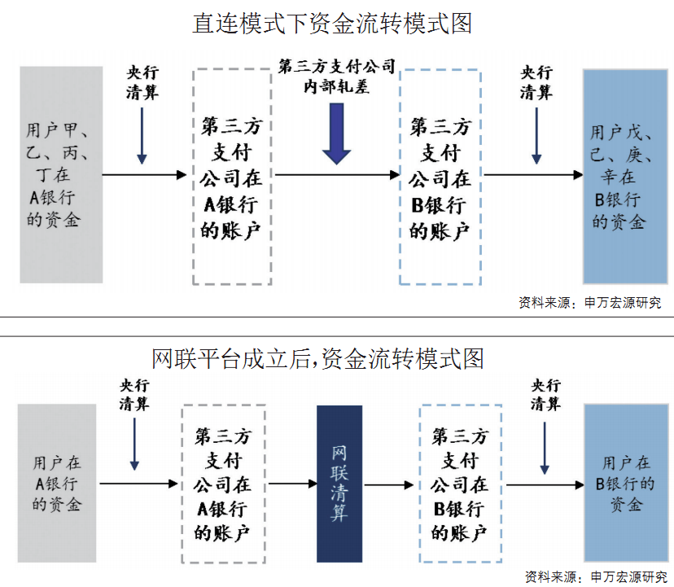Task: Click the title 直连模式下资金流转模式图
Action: click(332, 23)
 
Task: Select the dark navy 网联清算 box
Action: click(339, 483)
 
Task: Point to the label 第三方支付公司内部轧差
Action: click(336, 75)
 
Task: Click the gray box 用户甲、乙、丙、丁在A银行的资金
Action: click(62, 175)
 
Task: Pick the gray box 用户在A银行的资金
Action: click(57, 483)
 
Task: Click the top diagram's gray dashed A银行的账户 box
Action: click(233, 176)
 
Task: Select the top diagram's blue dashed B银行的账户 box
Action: click(440, 176)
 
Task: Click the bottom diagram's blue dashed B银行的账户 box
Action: click(460, 483)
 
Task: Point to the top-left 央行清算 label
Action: click(142, 82)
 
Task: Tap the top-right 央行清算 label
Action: click(536, 82)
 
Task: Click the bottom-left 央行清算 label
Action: click(134, 394)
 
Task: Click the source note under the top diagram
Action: click(590, 303)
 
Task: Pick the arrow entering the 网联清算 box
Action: click(293, 484)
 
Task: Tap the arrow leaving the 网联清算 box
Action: click(389, 484)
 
